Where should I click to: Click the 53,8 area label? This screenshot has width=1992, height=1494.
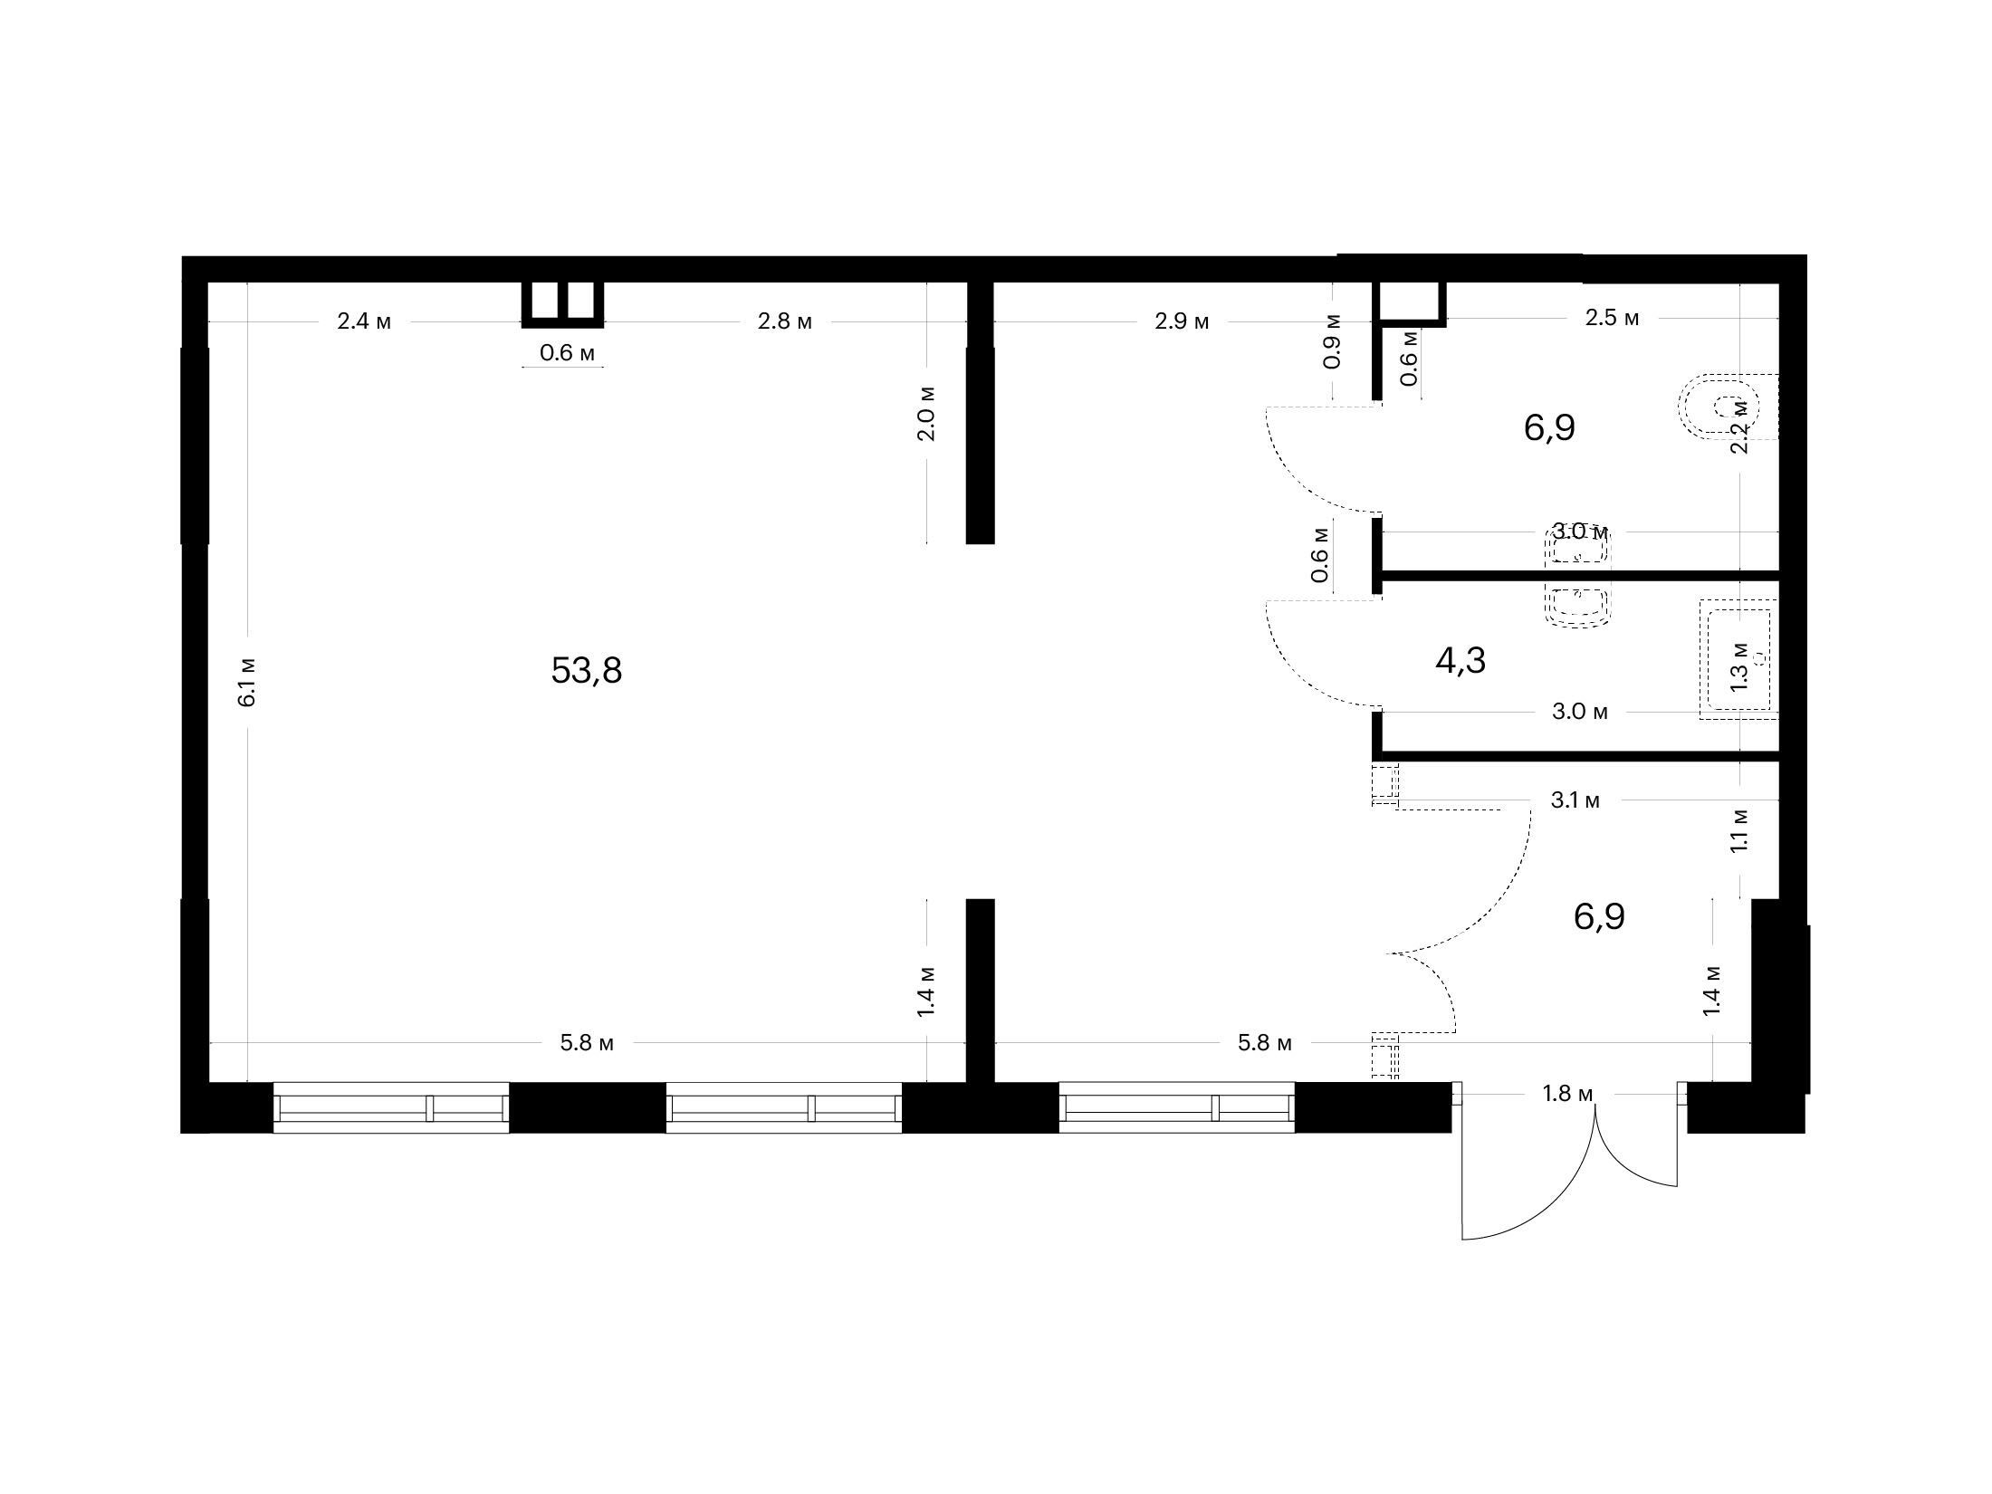tap(587, 671)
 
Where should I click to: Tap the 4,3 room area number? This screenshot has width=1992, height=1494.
tap(1460, 661)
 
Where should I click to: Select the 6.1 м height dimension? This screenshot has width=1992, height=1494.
tap(247, 682)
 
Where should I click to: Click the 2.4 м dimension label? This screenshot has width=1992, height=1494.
tap(364, 321)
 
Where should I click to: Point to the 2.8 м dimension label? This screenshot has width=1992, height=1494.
tap(785, 321)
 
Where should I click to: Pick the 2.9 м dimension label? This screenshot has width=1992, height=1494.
tap(1182, 321)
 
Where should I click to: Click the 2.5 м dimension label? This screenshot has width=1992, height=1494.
tap(1612, 319)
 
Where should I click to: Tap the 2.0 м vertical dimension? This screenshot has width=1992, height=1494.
tap(926, 413)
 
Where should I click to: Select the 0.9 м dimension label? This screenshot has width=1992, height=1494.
tap(1332, 342)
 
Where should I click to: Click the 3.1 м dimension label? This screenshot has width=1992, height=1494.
tap(1575, 800)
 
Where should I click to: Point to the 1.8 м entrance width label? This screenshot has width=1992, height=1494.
tap(1567, 1094)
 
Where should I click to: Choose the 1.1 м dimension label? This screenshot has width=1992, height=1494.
tap(1739, 829)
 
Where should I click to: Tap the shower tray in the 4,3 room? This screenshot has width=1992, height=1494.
tap(1739, 659)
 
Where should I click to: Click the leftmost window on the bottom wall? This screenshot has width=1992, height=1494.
tap(391, 1106)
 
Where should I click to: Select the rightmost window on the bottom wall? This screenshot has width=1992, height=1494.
tap(1177, 1106)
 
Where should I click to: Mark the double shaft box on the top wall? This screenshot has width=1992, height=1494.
tap(562, 304)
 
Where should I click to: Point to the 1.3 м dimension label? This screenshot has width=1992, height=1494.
tap(1739, 666)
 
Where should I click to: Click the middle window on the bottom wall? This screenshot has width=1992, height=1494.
tap(784, 1106)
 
